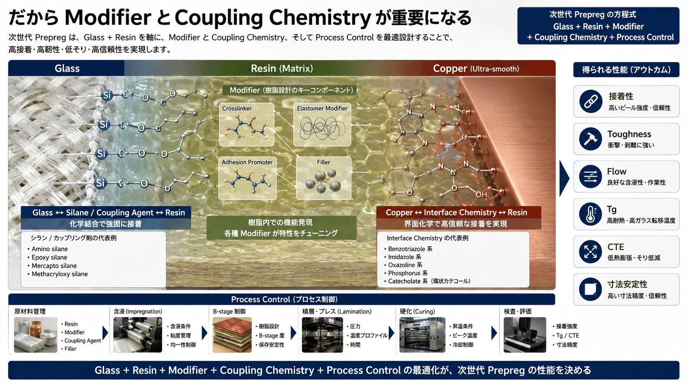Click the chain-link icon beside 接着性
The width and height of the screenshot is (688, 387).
(590, 101)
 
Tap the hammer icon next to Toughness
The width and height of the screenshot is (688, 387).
(590, 139)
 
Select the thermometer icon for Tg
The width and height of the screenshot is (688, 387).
(590, 214)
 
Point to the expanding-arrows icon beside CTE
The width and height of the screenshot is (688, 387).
(590, 252)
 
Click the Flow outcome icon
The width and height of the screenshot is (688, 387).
(590, 176)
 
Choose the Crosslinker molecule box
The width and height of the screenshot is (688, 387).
(246, 125)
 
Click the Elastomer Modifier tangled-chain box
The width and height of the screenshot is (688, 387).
(322, 125)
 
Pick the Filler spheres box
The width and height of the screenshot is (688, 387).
(324, 178)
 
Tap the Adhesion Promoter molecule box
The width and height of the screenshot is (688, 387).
(247, 178)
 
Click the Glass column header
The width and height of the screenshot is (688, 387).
(67, 68)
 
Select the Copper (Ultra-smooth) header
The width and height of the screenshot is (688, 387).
(476, 68)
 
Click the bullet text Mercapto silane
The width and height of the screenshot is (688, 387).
(54, 266)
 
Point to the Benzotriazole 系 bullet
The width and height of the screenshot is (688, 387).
(410, 249)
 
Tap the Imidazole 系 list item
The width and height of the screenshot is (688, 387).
(404, 257)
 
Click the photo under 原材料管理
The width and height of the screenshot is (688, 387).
(36, 335)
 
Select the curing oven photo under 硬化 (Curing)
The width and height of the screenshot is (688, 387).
(422, 335)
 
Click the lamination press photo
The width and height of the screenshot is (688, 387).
(322, 335)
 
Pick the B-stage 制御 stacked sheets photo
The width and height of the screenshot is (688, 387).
(232, 335)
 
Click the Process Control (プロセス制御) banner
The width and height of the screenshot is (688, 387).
(281, 299)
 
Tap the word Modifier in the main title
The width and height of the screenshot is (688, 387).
(108, 18)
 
